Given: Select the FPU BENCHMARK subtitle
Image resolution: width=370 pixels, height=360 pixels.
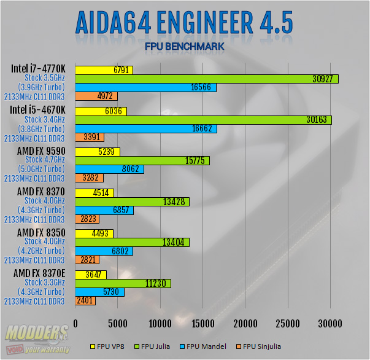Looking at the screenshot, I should (x=185, y=46).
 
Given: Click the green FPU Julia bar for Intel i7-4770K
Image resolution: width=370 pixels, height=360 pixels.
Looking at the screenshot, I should (x=206, y=79).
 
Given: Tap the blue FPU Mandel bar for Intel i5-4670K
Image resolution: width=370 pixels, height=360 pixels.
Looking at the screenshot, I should (x=145, y=128).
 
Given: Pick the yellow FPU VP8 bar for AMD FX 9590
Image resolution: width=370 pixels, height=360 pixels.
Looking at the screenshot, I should (x=97, y=152).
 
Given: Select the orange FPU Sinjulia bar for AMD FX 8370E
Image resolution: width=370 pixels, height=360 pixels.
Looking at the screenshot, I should (x=85, y=301).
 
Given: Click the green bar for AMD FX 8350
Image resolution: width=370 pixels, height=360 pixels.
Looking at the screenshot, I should (x=132, y=242).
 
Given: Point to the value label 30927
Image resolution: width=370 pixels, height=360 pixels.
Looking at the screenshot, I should (x=323, y=79).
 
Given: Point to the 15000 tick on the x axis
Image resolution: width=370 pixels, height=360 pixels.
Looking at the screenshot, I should (x=202, y=324).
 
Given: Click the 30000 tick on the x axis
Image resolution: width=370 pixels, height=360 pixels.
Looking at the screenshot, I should (x=330, y=324).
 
